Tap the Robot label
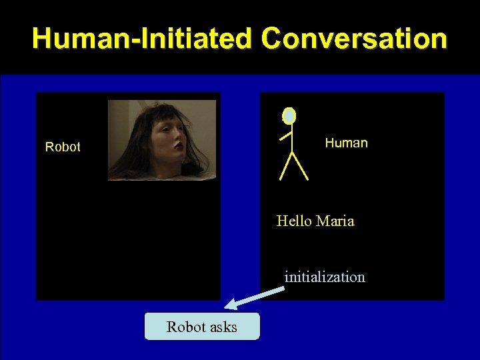point(63,147)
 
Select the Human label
point(346,143)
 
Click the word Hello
point(295,221)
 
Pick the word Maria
point(335,221)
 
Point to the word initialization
point(325,277)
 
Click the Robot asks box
point(202,327)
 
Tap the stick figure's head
point(289,116)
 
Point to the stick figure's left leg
point(285,167)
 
